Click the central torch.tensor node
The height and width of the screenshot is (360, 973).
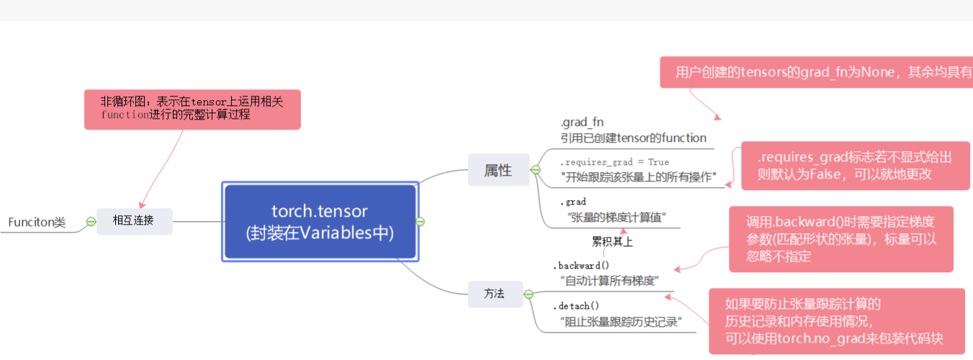[x=320, y=222]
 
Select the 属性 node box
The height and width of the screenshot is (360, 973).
[x=498, y=170]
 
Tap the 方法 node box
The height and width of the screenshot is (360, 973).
[x=494, y=294]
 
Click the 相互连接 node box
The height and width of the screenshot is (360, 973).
[x=134, y=221]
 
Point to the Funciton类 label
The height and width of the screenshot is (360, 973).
[x=37, y=222]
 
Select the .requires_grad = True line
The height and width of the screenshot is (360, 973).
[x=614, y=162]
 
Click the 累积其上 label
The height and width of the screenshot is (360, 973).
[x=612, y=242]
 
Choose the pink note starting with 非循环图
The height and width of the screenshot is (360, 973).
[x=192, y=109]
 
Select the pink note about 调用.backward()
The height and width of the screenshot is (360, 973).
[x=840, y=239]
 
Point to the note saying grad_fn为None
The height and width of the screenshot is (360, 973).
[x=816, y=73]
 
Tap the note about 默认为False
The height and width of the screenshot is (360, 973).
[x=855, y=166]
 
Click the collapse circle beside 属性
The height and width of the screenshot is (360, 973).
[x=535, y=170]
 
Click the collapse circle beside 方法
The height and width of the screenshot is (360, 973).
[x=529, y=294]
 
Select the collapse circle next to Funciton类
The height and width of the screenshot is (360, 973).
[x=91, y=222]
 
